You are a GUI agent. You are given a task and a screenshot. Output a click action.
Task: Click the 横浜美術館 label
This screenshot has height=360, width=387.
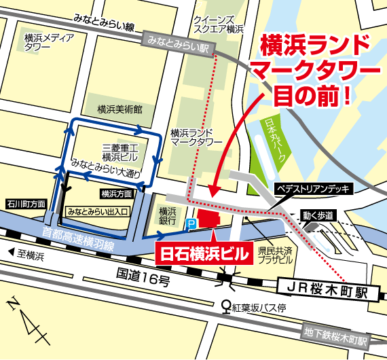119,109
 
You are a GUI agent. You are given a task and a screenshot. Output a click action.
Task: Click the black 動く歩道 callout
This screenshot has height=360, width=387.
319,215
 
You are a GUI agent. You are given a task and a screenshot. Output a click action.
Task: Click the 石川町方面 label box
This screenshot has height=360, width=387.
26,203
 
